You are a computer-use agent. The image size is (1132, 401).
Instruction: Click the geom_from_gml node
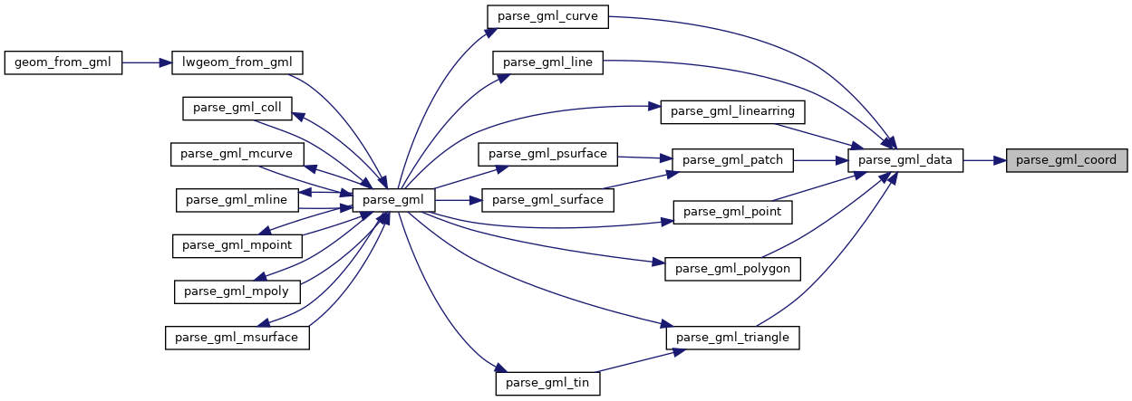pos(63,62)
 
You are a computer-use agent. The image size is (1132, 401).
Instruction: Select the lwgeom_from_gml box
pos(237,62)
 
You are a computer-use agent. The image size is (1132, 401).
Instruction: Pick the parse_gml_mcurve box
pos(237,154)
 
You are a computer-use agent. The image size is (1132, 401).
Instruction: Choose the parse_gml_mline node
pos(237,200)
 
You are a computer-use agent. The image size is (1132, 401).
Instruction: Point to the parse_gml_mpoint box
pos(237,245)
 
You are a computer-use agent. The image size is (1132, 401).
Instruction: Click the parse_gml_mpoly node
pos(237,291)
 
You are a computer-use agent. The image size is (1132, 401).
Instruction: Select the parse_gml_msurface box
pos(237,338)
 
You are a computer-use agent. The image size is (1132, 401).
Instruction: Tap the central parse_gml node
pos(394,200)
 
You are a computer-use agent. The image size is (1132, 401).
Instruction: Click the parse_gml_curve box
pos(547,16)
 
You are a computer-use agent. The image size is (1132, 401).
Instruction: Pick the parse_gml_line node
pos(547,62)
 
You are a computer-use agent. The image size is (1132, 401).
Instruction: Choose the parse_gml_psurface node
pos(547,154)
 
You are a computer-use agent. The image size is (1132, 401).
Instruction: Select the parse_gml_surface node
pos(547,200)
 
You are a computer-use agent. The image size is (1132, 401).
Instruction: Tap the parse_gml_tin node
pos(547,384)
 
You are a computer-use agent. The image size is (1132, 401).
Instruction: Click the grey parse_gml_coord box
pos(1067,161)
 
